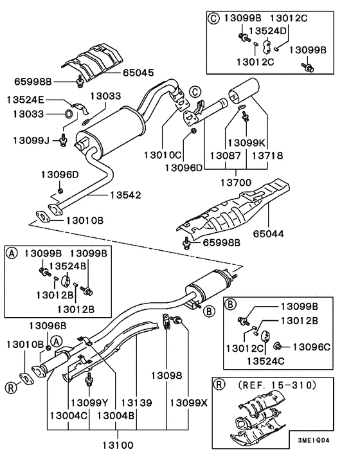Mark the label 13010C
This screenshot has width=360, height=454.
pyautogui.click(x=161, y=156)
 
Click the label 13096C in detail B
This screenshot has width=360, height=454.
pyautogui.click(x=312, y=347)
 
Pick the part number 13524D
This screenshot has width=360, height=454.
pyautogui.click(x=267, y=30)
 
